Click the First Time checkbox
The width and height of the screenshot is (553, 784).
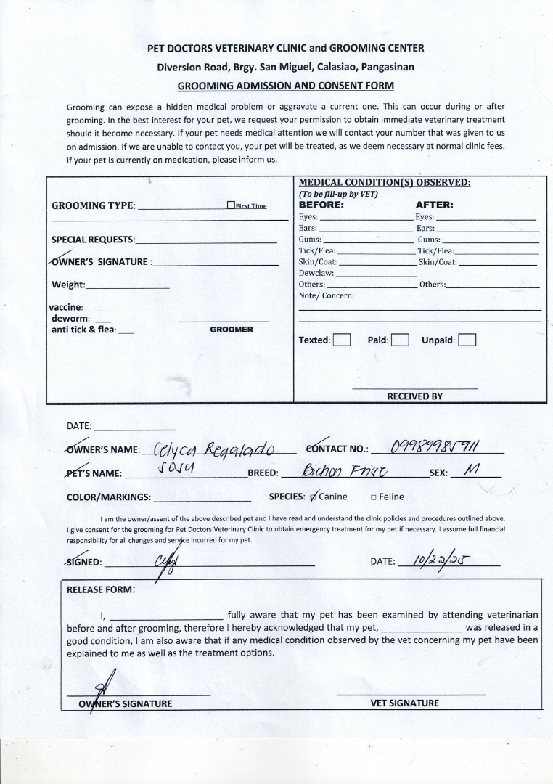point(231,205)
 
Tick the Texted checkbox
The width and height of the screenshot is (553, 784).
point(342,340)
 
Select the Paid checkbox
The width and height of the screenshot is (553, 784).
point(401,340)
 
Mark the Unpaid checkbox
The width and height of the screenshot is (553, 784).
point(467,340)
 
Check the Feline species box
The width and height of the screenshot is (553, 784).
point(373,497)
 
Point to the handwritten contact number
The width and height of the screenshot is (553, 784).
point(435,446)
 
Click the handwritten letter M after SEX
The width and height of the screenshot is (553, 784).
point(472,470)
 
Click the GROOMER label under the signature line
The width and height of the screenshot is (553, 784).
point(232,330)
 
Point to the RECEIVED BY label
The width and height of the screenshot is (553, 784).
point(414,396)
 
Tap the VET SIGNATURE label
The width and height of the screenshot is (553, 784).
point(405,703)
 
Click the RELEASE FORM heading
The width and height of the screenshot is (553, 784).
point(101,589)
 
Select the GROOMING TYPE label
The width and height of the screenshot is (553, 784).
point(94,205)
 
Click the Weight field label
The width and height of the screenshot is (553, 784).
point(68,285)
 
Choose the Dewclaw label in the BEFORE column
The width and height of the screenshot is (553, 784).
point(316,273)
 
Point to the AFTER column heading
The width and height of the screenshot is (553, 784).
point(434,205)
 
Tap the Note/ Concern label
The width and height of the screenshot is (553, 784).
point(326,295)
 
